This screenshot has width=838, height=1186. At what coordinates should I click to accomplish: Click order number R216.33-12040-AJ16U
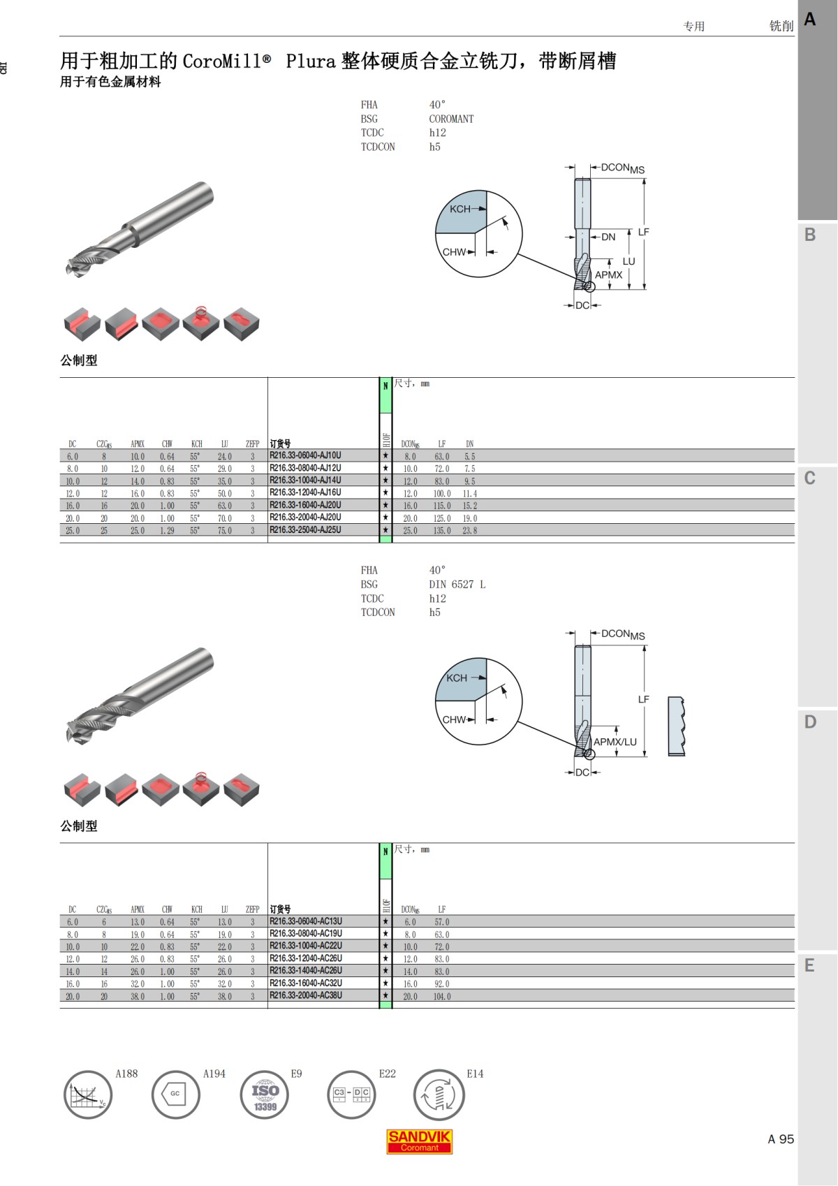[x=305, y=492]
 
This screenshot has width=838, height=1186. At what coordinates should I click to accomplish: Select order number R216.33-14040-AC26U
[x=305, y=970]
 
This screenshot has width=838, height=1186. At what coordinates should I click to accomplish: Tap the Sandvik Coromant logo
[x=419, y=1141]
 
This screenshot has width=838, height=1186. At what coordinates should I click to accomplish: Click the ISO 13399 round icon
[x=264, y=1095]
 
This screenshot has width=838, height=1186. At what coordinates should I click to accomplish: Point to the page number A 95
[x=781, y=1139]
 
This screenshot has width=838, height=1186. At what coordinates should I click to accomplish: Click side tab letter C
[x=809, y=478]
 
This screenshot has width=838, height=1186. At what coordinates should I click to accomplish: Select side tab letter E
[x=809, y=965]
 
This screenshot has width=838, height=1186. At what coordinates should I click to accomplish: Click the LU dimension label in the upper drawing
[x=628, y=261]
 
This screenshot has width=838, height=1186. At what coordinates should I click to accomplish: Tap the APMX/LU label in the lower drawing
[x=615, y=742]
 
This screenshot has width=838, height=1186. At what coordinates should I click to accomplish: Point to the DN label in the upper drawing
[x=608, y=237]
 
